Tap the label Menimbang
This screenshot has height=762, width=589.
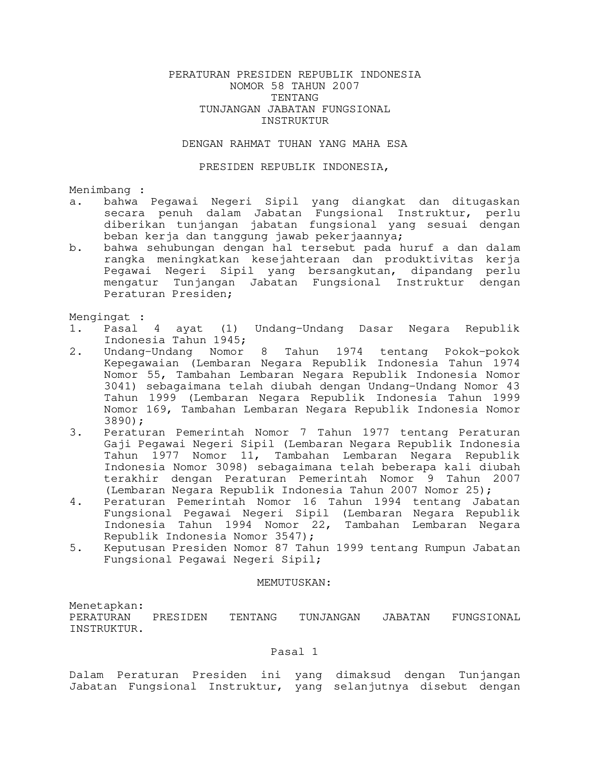[x=100, y=190]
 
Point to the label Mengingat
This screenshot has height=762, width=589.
[x=100, y=317]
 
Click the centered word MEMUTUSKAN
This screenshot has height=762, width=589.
[x=294, y=582]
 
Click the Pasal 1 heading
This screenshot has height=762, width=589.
[x=294, y=652]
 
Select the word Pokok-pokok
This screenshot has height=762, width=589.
[x=482, y=351]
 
